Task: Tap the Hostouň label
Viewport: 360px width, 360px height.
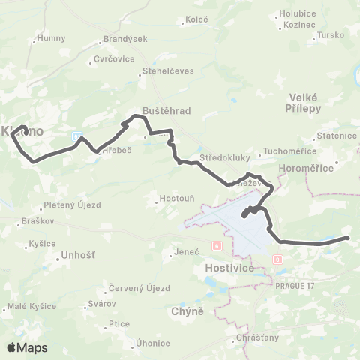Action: point(176,200)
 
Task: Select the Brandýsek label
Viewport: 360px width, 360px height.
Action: point(126,38)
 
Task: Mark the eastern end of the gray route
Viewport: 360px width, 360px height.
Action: point(348,238)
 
